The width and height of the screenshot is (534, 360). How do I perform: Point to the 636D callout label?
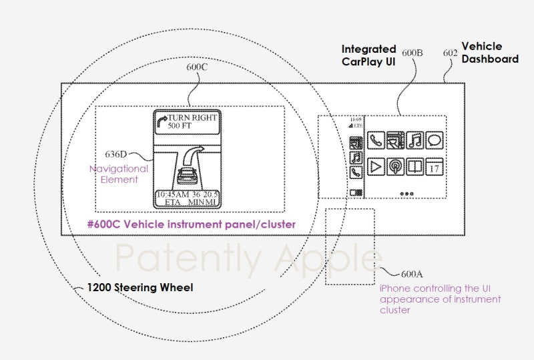[113, 152]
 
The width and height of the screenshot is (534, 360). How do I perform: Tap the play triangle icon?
[376, 165]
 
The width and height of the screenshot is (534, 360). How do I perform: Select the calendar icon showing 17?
[435, 165]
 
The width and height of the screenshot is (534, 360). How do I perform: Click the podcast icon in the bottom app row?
[396, 165]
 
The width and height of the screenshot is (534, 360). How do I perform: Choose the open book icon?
[415, 165]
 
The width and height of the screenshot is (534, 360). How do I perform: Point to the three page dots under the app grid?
[405, 192]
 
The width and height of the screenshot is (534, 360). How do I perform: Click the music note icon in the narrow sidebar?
[356, 158]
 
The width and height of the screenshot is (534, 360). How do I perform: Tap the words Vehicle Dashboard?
[490, 53]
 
